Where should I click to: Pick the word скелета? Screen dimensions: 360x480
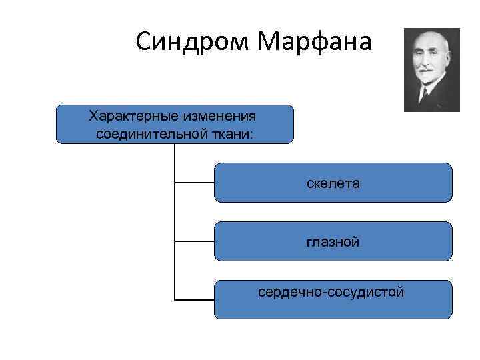point(333,183)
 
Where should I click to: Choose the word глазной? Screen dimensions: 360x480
point(333,241)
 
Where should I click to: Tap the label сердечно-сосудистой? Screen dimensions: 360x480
point(331,292)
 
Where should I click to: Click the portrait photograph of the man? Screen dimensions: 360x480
point(432,69)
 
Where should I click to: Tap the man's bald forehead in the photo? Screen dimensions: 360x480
point(428,41)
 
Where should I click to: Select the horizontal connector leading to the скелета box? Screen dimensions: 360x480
point(194,181)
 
